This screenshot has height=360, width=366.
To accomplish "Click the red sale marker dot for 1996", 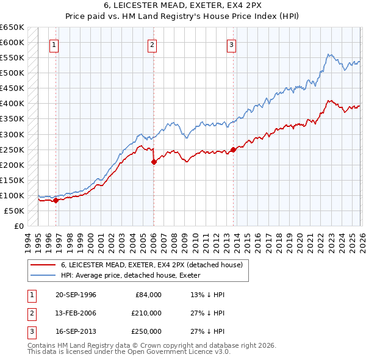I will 56,200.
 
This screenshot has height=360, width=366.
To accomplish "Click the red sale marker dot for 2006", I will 153,162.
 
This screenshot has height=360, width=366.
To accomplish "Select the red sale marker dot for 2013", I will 233,149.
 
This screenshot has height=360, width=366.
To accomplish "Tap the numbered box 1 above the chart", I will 54,44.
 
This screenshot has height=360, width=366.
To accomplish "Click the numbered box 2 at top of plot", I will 152,44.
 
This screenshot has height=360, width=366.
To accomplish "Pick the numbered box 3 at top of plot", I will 232,44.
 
